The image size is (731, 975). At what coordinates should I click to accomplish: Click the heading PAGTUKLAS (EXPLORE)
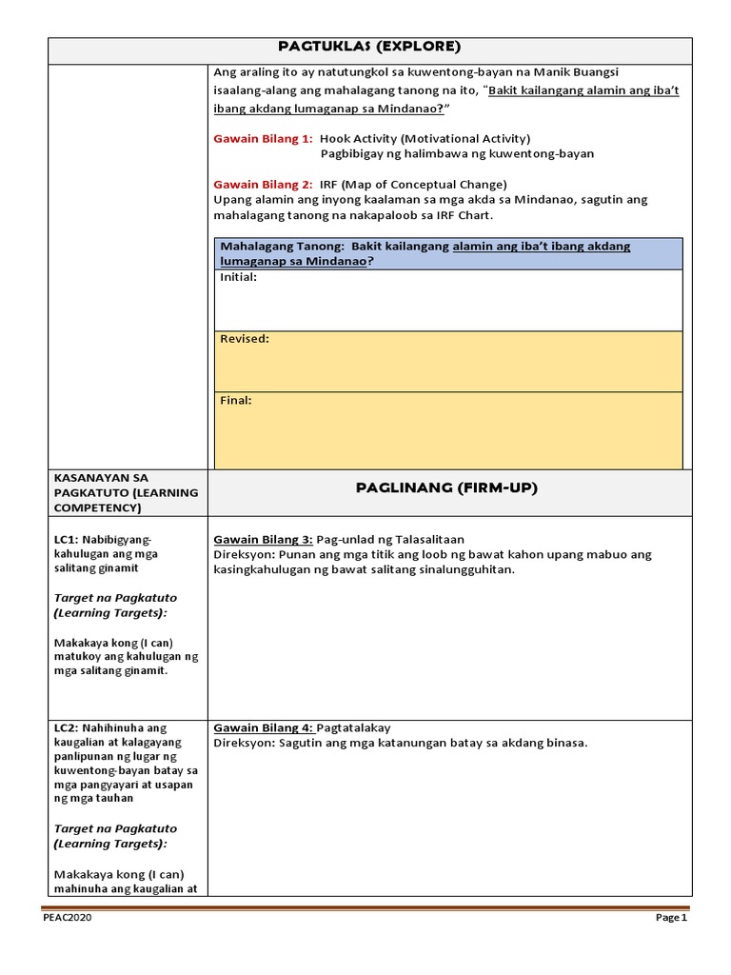click(x=370, y=46)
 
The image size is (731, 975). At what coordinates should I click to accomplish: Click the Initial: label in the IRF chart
click(x=238, y=277)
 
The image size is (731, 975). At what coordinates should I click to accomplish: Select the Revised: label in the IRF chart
click(x=244, y=338)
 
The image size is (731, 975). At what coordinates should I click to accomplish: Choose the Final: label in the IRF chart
click(x=236, y=400)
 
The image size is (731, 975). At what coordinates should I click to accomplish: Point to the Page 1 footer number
click(x=669, y=918)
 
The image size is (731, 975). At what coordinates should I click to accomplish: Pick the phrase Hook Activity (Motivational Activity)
click(x=425, y=138)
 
